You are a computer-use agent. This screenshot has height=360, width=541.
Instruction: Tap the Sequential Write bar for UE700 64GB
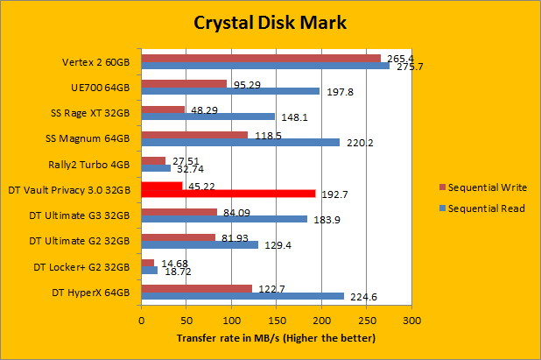(x=184, y=84)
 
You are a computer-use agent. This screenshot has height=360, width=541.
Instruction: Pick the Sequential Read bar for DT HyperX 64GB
(x=242, y=295)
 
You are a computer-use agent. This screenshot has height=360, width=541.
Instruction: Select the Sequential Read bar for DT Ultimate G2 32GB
(x=200, y=244)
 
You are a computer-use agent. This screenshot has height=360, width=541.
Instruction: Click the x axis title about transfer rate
(x=276, y=337)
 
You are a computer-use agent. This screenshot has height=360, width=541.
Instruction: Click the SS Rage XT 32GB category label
(x=90, y=112)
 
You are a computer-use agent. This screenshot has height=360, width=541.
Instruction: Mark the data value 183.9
(x=326, y=219)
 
